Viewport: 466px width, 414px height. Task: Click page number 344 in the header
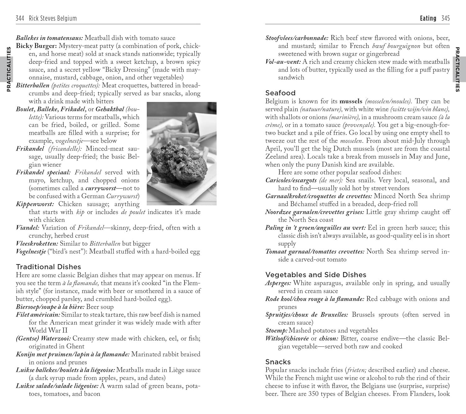[x=20, y=18]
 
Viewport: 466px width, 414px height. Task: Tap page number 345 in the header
[x=445, y=18]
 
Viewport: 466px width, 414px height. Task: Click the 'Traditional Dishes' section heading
[x=48, y=267]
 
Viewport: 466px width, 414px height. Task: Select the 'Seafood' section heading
[x=280, y=93]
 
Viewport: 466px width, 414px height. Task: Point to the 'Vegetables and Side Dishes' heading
[x=316, y=275]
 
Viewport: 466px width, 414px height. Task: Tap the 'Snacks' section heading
[x=278, y=362]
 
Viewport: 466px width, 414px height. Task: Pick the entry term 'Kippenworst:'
[x=35, y=204]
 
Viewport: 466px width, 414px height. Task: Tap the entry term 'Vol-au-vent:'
[x=283, y=61]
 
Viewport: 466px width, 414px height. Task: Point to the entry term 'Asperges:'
[x=278, y=283]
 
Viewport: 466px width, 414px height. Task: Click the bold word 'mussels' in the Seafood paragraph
[x=351, y=101]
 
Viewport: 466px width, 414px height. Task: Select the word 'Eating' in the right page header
[x=428, y=18]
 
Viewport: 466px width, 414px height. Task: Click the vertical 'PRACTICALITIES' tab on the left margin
[x=9, y=70]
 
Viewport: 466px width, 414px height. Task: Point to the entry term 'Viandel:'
[x=28, y=228]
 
